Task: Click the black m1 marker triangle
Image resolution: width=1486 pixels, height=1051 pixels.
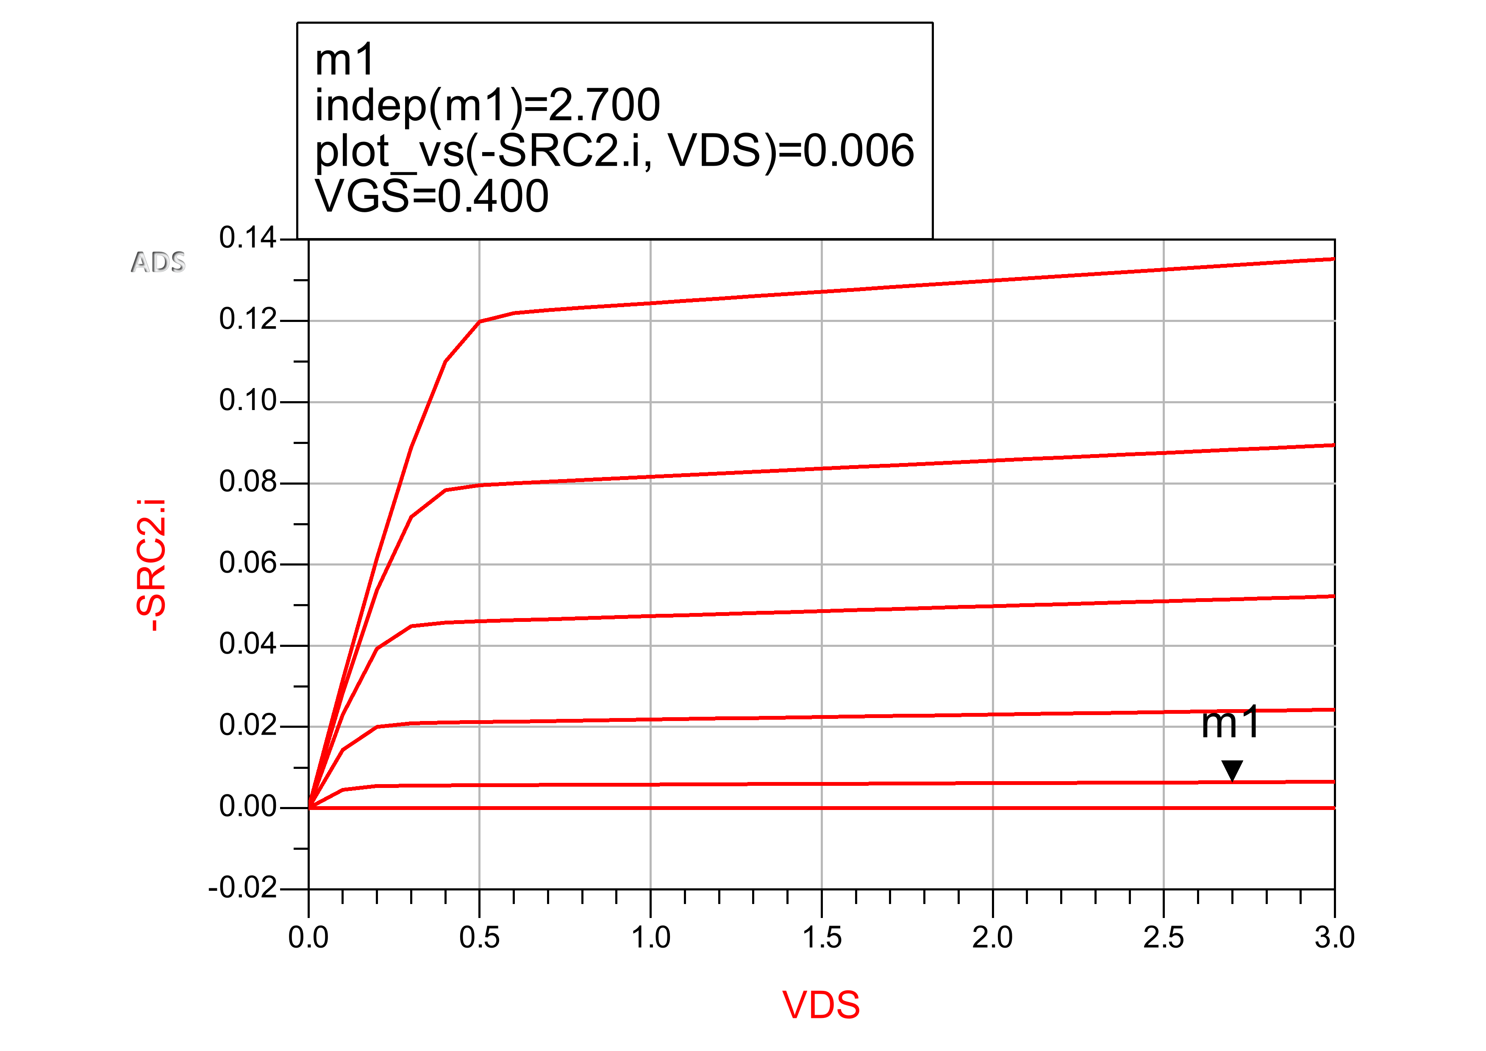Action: pos(1232,770)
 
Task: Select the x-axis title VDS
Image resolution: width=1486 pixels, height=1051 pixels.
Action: pos(821,1005)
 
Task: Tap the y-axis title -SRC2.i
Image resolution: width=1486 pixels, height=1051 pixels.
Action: pos(151,565)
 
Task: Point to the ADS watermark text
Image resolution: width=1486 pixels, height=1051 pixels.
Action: pos(158,262)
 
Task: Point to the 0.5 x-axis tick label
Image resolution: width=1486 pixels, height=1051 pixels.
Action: pos(479,938)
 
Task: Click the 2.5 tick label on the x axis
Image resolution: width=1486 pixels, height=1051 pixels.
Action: pos(1164,938)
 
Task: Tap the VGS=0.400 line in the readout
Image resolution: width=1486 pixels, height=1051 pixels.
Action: pos(432,196)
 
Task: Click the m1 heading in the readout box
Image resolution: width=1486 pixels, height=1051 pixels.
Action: pos(344,60)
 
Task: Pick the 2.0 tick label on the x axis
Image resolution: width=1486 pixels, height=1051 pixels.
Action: pos(992,938)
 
